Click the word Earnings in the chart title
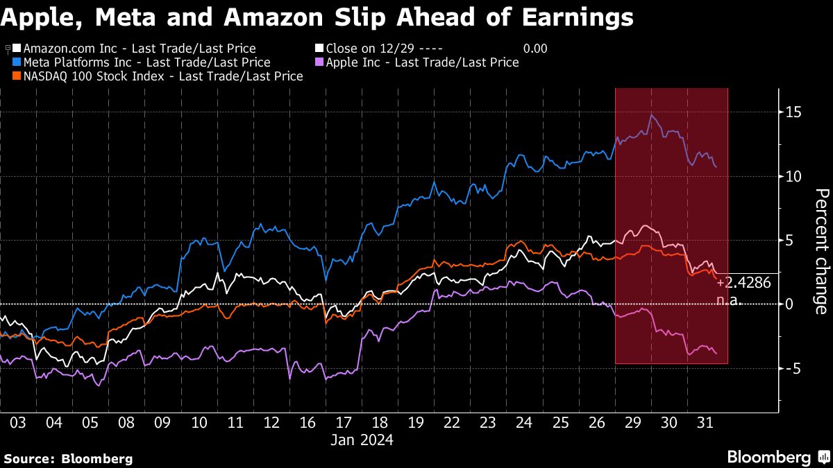578,17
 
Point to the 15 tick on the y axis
793,112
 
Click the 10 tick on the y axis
793,176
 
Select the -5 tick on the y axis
793,368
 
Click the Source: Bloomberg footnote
68,458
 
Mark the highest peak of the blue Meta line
651,115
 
